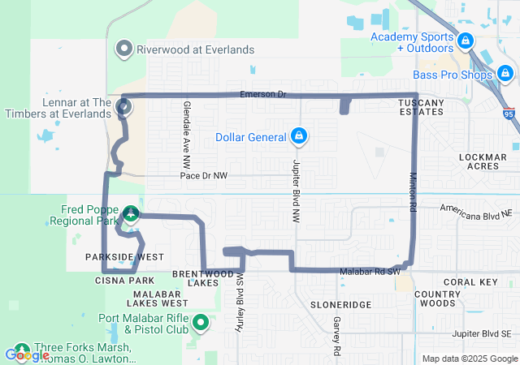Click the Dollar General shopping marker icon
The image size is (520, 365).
(x=299, y=135)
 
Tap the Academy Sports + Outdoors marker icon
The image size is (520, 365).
(x=465, y=39)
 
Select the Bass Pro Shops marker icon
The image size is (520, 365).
(x=505, y=75)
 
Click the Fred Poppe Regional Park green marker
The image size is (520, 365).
(x=131, y=214)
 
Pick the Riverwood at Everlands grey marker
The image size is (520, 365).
(x=124, y=49)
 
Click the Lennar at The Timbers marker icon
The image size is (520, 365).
(x=124, y=105)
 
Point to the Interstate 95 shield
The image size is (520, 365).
(x=509, y=114)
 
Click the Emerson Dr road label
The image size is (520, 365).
(x=263, y=95)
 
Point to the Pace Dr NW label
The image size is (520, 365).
(x=204, y=175)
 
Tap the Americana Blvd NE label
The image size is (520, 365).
(x=478, y=208)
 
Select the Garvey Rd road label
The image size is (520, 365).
(x=335, y=335)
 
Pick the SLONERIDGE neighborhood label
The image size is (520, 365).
(x=340, y=304)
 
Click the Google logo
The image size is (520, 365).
(x=27, y=354)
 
